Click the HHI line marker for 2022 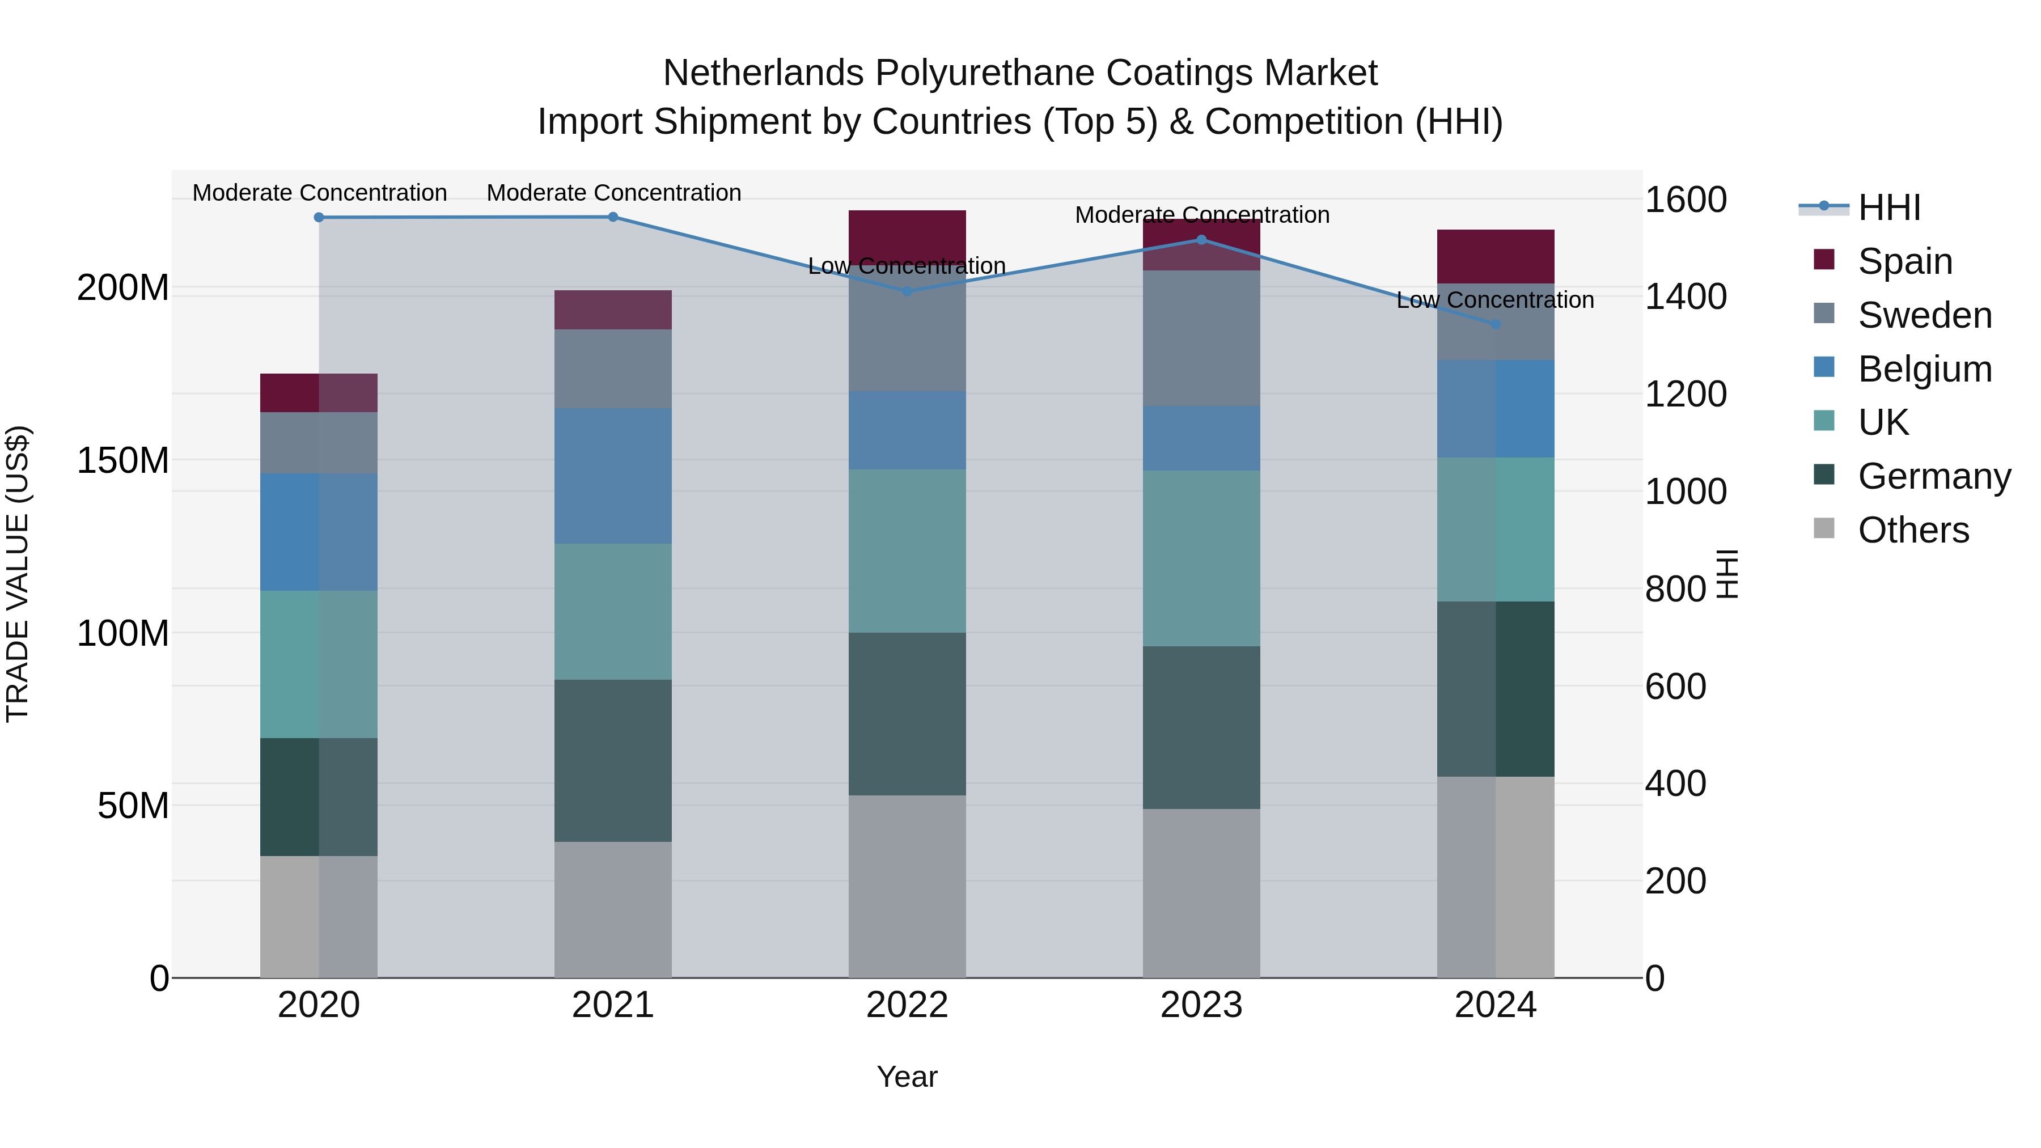907,291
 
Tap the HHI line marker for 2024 1495,324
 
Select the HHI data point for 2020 319,217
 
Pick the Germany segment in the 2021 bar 612,761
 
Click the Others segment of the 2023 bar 1201,893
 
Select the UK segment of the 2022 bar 907,550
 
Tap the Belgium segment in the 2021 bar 612,476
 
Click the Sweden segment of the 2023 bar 1201,338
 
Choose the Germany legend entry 1933,476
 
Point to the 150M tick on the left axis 123,460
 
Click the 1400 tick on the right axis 1686,297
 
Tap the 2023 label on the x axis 1201,1005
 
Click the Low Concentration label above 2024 1494,300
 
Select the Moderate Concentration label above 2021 613,193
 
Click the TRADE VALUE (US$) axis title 18,574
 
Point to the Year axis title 907,1077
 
